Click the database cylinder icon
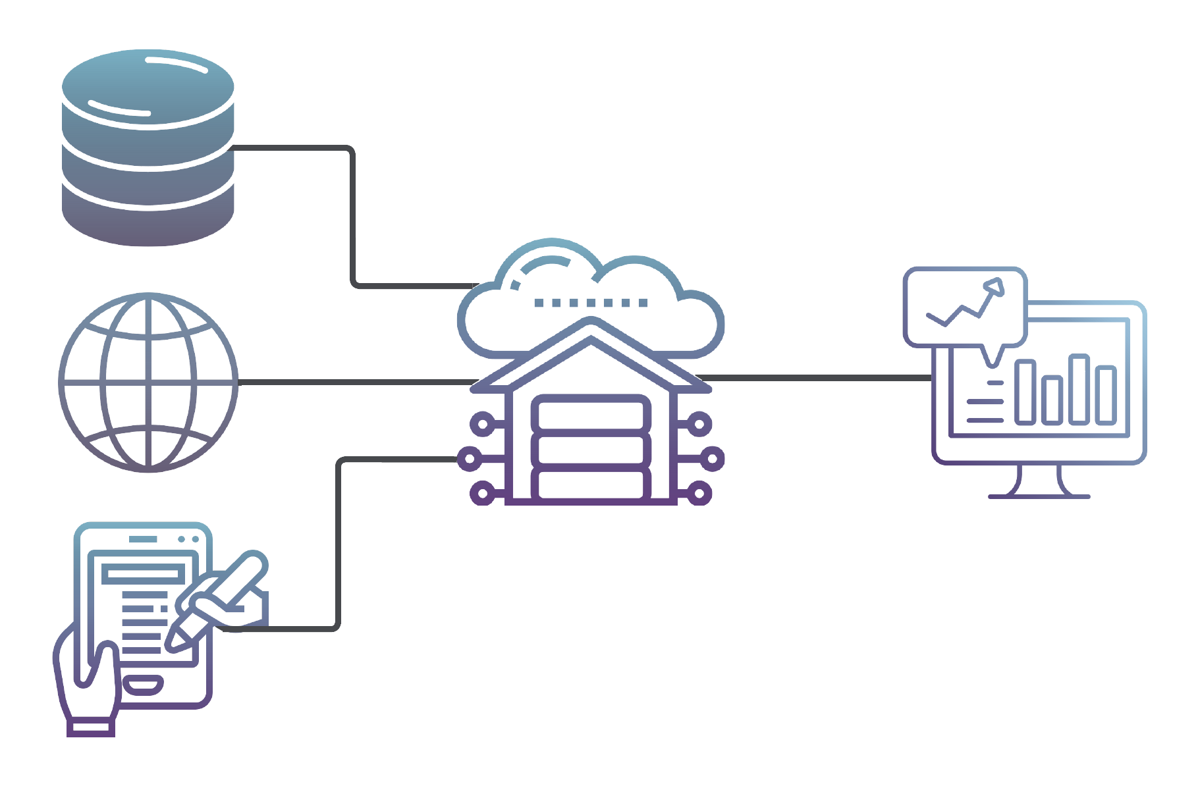tap(148, 148)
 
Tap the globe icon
tap(148, 382)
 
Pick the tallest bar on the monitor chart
tap(1078, 389)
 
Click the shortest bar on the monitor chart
tap(1051, 400)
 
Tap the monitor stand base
tap(1039, 495)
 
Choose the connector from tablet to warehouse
tap(339, 540)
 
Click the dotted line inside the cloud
tap(591, 303)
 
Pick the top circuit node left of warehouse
tap(483, 424)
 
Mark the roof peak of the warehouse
tap(591, 323)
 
